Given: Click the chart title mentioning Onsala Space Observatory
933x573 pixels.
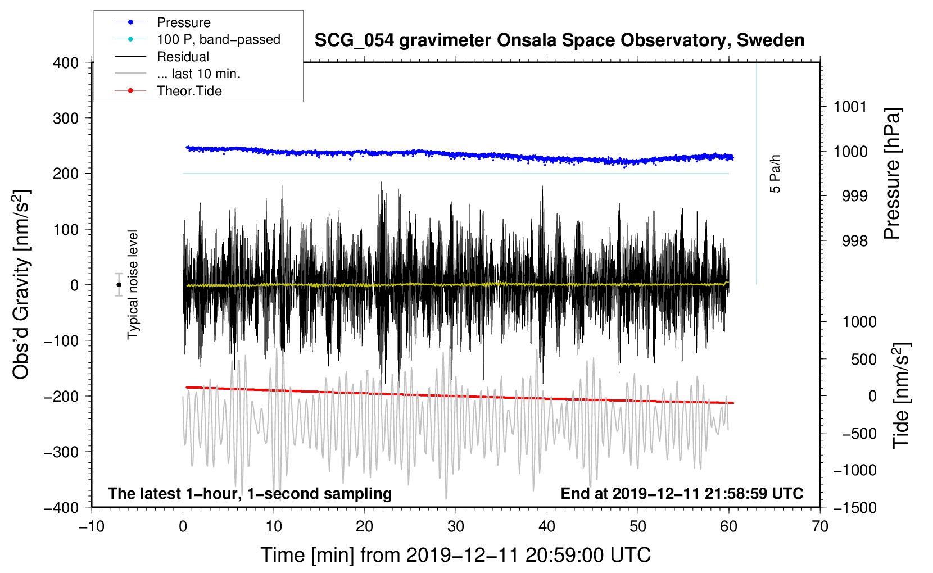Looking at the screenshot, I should pos(559,40).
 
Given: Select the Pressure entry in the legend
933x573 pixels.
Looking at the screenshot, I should pos(184,22).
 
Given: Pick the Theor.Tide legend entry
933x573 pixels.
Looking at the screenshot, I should pos(189,91).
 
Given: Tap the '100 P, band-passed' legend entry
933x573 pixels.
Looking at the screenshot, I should pos(218,39).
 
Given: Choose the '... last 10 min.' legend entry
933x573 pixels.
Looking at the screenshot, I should pos(198,74).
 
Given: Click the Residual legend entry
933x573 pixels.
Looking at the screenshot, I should pos(183,57).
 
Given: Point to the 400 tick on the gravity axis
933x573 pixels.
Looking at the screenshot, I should pos(66,63).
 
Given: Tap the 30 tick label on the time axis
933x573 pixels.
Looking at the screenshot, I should pos(456,526).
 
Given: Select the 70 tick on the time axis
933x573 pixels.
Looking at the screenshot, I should pos(820,526).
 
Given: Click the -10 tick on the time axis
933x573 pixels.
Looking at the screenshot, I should pos(92,526).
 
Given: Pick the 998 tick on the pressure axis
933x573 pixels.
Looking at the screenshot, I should pos(854,241).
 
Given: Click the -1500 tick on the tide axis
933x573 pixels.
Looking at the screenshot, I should pos(854,507).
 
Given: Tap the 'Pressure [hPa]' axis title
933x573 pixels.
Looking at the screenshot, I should pos(892,174).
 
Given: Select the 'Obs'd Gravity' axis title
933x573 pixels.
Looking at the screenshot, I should pos(21,285).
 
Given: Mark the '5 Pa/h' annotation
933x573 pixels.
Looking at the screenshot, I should pos(775,174).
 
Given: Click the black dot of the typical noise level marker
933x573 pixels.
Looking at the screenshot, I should pos(119,285).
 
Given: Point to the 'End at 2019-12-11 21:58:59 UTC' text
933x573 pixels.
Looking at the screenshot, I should pos(682,494).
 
